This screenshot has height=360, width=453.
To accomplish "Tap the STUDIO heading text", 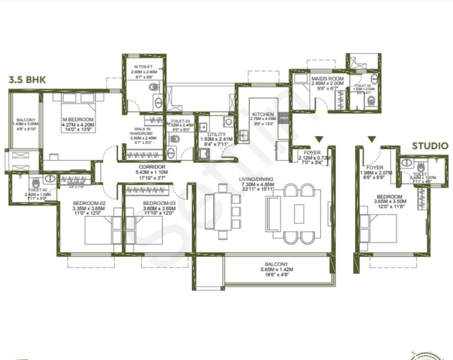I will (x=430, y=146).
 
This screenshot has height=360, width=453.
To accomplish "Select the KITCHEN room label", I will (x=263, y=114).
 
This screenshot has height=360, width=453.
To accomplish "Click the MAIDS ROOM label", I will (x=327, y=78).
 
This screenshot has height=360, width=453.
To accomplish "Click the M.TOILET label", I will (x=143, y=67).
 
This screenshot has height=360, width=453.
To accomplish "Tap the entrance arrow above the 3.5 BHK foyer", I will (x=319, y=139).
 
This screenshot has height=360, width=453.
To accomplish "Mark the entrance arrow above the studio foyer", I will (x=371, y=139).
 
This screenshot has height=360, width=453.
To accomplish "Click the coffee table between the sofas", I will (x=299, y=213).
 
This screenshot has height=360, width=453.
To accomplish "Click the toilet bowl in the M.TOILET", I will (x=154, y=87).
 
